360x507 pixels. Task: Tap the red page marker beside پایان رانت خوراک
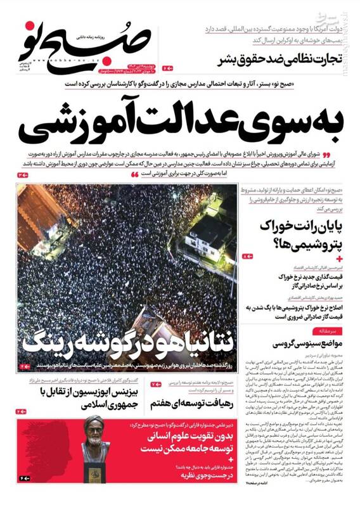click(x=247, y=255)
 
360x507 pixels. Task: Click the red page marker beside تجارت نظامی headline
click(x=167, y=67)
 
